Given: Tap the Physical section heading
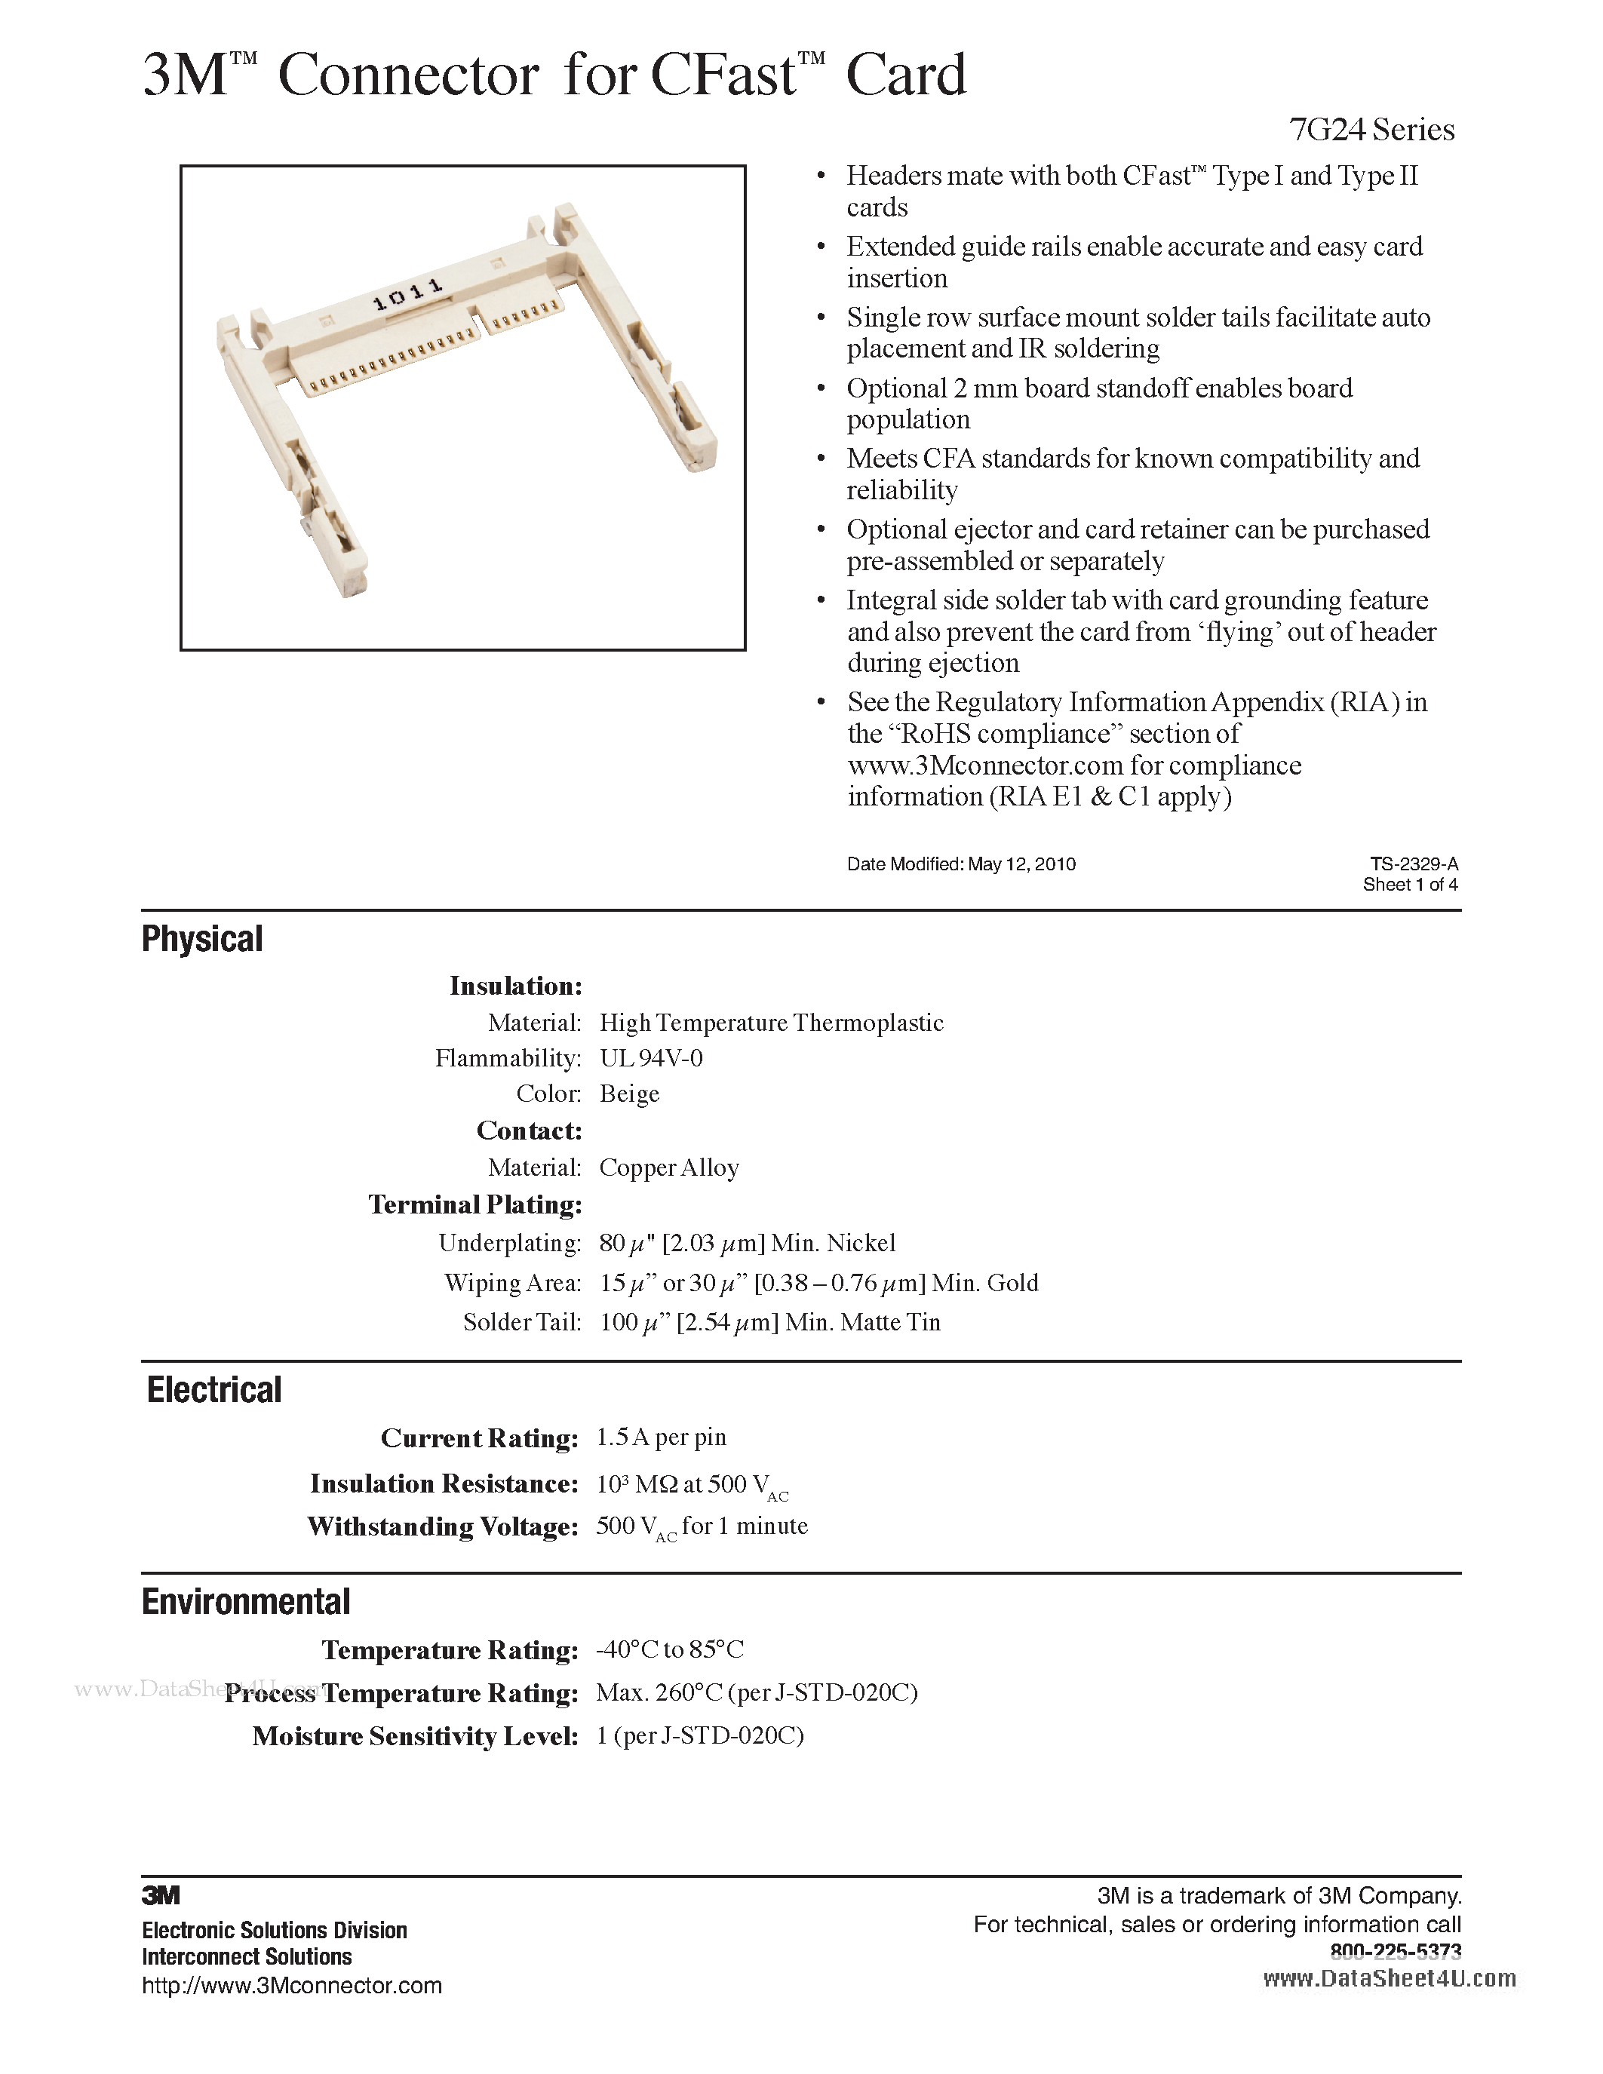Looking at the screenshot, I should (202, 939).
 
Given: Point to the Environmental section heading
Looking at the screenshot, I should (246, 1602).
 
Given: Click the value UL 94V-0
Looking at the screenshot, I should (652, 1058).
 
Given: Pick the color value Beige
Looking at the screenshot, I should (630, 1094).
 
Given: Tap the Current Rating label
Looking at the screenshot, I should (480, 1439).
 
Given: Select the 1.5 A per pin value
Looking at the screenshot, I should (661, 1437).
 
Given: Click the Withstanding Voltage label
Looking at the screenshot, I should (443, 1527).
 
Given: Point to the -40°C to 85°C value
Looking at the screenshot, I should (670, 1649).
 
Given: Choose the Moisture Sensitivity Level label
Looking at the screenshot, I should (415, 1737).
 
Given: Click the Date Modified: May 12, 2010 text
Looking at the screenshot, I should (961, 864).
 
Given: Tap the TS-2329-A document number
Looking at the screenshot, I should (1413, 864).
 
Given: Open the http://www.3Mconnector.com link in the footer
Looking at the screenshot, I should (291, 1986).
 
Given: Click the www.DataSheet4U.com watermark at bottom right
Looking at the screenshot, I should (1390, 1977).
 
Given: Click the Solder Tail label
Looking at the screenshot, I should (521, 1323).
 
